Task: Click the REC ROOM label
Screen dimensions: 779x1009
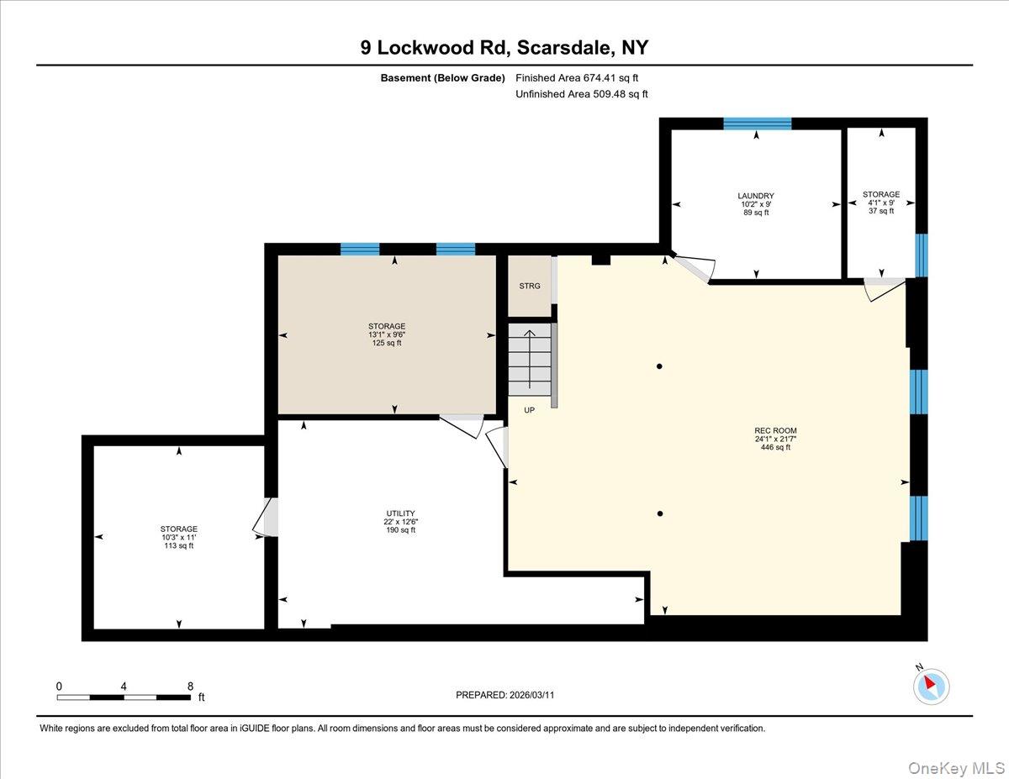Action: pos(775,439)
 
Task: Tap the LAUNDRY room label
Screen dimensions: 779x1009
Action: pos(755,204)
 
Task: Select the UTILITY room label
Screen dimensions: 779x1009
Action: pos(399,521)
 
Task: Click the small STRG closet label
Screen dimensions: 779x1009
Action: pos(530,287)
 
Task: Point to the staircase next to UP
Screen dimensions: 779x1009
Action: pos(530,360)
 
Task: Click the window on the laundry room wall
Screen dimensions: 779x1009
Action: pos(757,124)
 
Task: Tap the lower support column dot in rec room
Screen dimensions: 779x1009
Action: pos(661,514)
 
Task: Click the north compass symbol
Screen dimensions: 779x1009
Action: pos(930,686)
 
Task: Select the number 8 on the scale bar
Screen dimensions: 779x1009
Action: pos(190,686)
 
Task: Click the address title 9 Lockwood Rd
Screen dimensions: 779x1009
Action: pos(504,48)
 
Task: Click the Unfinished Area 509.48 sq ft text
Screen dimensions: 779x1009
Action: pos(581,94)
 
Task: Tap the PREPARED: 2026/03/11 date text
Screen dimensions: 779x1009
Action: pos(504,695)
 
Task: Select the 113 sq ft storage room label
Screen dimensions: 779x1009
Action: pos(179,537)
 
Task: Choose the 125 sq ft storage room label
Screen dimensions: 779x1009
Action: pos(387,334)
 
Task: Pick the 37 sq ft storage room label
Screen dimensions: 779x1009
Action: pos(880,203)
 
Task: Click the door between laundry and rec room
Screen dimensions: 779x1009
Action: pos(695,268)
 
